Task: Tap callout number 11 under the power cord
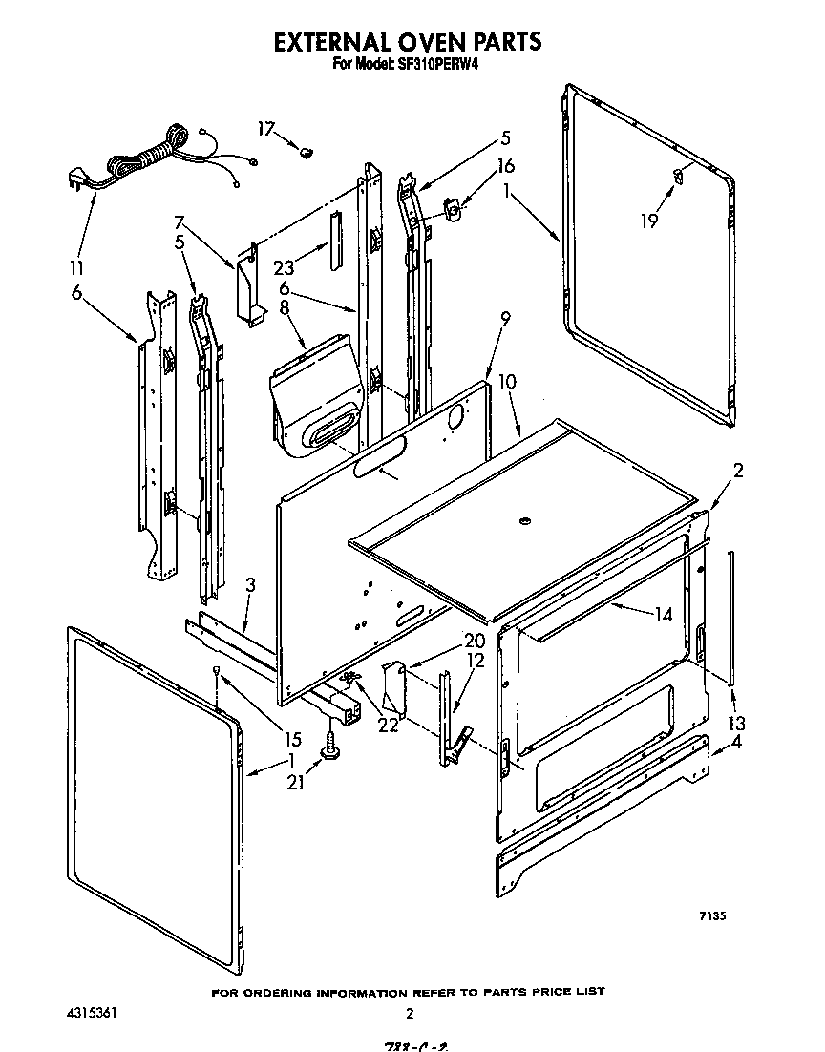76,267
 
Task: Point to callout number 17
264,128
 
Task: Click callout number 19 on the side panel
649,221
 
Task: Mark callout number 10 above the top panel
507,381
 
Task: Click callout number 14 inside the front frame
662,616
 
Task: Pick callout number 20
475,641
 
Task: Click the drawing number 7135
712,915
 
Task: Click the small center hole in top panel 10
524,521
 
